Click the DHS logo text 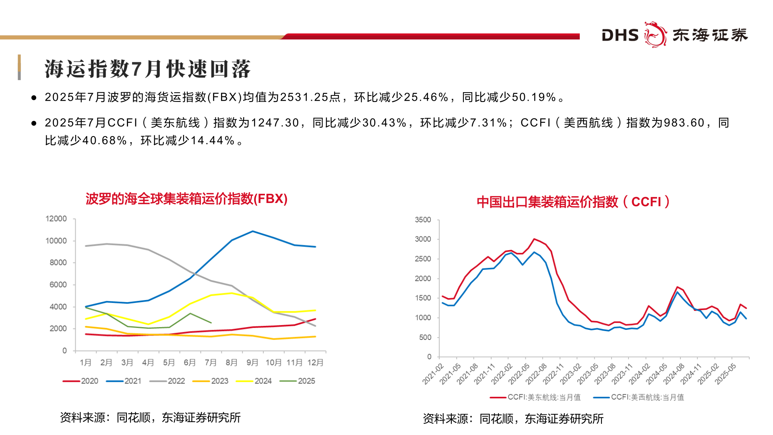(x=620, y=35)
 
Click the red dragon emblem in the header (x=655, y=35)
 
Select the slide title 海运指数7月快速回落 (x=147, y=69)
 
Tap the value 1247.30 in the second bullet (x=275, y=123)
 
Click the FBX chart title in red (x=186, y=199)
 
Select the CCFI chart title (x=573, y=202)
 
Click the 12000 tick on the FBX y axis (x=56, y=219)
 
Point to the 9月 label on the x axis (x=252, y=362)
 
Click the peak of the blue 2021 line (x=252, y=231)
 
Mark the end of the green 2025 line (x=211, y=323)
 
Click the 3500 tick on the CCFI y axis (x=423, y=220)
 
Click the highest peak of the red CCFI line (x=534, y=239)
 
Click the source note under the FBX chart (x=150, y=418)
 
